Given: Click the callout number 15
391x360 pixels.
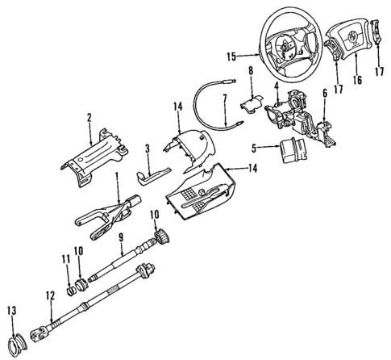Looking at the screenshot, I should point(231,57).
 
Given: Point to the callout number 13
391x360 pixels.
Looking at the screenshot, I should point(11,310).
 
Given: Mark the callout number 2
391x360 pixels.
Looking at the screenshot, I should point(89,117).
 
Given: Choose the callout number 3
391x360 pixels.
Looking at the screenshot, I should point(148,148).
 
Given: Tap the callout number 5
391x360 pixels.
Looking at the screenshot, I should point(255,148).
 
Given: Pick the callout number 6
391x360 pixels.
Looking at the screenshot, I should point(324,94).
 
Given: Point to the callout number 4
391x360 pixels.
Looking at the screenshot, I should point(277,86).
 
